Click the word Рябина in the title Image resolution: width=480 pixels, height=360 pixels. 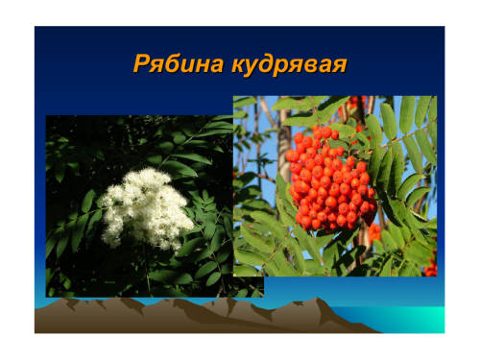tap(179, 63)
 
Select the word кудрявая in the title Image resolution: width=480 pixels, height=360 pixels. tap(289, 65)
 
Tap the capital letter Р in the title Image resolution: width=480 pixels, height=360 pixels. tap(141, 63)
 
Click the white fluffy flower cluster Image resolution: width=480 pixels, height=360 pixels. tap(147, 209)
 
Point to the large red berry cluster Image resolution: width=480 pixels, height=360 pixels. tap(331, 180)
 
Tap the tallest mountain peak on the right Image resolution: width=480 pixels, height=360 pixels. tap(318, 299)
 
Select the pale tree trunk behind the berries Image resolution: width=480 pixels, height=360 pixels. tap(284, 144)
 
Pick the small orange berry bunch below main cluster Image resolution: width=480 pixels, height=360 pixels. tap(374, 233)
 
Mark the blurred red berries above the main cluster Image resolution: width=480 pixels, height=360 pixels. tap(352, 106)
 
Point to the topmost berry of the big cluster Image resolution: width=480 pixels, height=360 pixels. tap(326, 132)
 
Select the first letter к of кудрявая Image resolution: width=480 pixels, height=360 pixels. tap(240, 65)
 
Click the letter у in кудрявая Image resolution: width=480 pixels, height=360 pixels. tap(256, 67)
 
